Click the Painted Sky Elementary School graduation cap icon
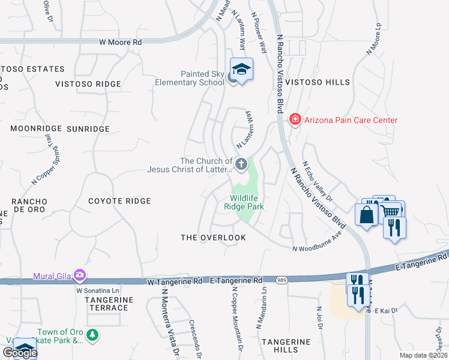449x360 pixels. [x=241, y=70]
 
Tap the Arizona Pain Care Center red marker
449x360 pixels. [x=295, y=120]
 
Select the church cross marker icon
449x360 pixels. [x=241, y=164]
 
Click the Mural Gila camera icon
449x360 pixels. [x=79, y=276]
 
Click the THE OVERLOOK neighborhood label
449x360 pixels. [x=214, y=238]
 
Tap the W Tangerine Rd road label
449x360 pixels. [x=173, y=280]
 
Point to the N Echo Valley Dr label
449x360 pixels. [x=318, y=181]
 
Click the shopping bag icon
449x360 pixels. [x=366, y=215]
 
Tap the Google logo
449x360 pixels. [x=19, y=353]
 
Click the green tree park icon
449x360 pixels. [x=91, y=334]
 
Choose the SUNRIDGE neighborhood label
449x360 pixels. [x=88, y=128]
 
